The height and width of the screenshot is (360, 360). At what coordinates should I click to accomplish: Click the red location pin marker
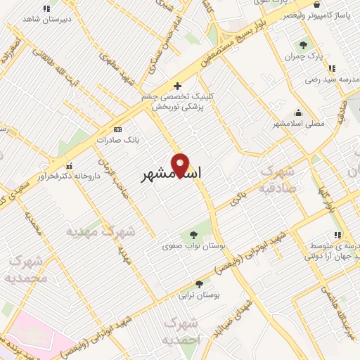(181, 165)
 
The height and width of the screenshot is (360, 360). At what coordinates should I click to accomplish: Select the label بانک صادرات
(123, 140)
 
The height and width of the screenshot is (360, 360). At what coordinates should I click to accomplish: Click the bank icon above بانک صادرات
(117, 129)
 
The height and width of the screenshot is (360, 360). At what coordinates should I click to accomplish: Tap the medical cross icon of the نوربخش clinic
(186, 86)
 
